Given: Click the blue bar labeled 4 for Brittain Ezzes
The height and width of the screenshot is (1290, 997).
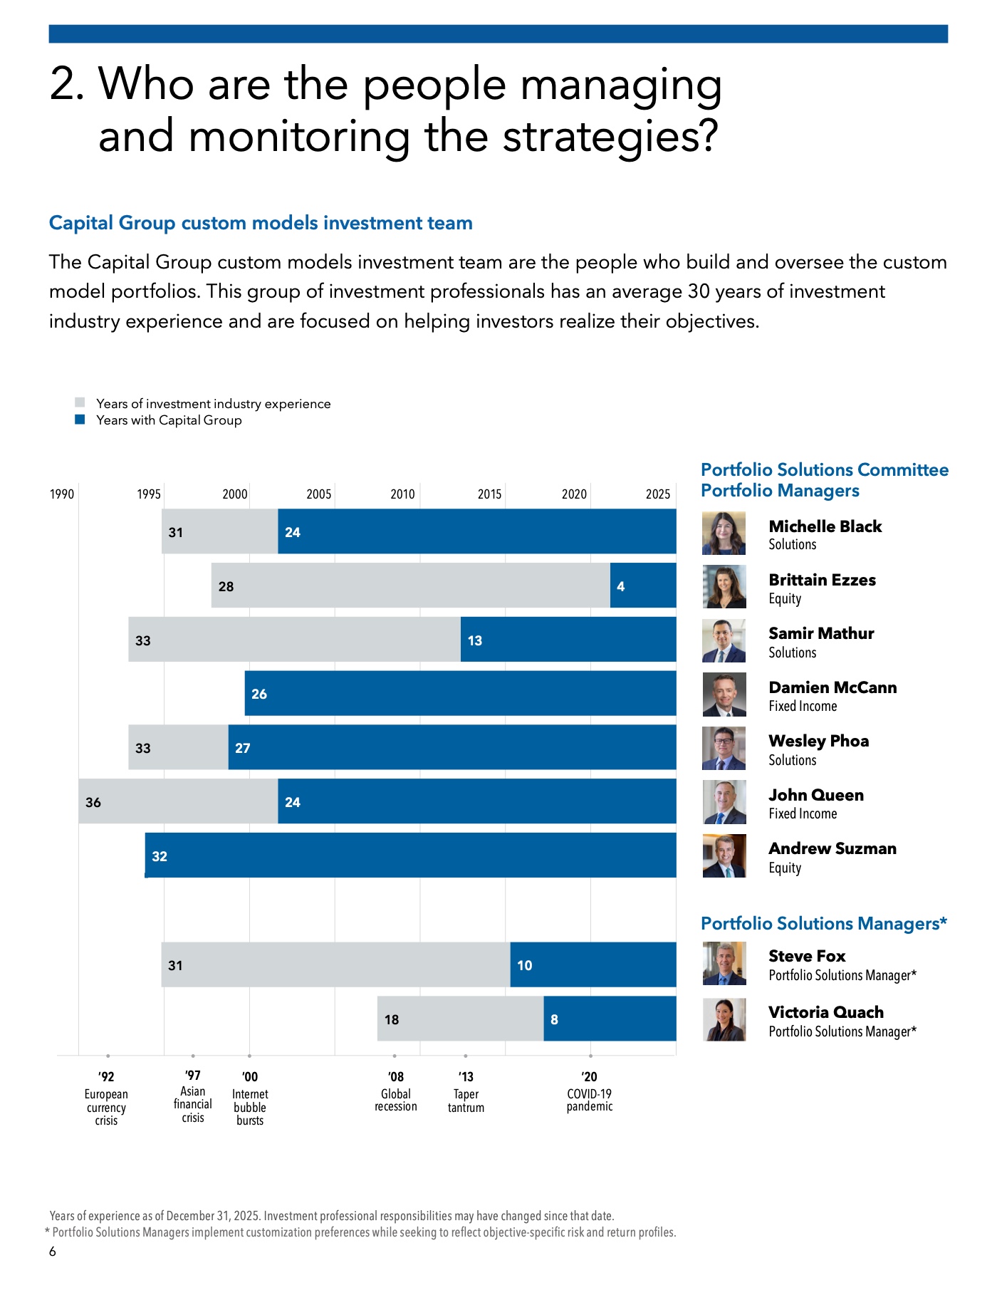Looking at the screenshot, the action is pos(643,586).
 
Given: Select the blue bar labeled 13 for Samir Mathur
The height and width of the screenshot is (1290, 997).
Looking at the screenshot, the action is pos(568,640).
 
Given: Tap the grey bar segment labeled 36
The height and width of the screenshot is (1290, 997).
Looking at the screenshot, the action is pos(178,801).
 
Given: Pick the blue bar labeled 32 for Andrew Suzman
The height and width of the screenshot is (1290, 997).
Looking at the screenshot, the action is pos(410,855).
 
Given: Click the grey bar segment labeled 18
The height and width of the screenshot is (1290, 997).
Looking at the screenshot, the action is pos(461,1019).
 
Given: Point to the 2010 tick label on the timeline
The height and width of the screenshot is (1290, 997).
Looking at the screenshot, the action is pos(402,494).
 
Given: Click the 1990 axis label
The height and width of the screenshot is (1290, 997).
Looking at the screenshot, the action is pos(62,494).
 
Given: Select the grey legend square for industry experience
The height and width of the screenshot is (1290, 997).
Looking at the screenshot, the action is pos(80,402).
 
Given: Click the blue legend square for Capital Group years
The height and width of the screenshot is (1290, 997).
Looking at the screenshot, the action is pos(80,420).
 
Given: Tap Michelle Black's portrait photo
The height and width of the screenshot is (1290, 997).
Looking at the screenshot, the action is pos(724,533).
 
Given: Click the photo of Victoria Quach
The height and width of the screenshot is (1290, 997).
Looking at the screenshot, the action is pos(724,1019).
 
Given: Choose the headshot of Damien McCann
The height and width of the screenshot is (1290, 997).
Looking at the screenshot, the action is pos(724,695).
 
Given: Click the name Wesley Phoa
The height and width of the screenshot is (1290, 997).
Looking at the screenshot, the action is pos(819,741).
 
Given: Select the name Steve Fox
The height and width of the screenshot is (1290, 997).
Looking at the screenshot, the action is pos(807,956).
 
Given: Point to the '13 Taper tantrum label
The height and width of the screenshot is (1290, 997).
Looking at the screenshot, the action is pos(466,1092).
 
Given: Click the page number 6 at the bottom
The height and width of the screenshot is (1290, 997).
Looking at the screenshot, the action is pos(52,1252).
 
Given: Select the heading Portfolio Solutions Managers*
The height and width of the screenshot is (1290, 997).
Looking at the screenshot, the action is pos(824,923).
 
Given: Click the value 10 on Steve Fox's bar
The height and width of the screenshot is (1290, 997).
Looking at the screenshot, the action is pos(525,965).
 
